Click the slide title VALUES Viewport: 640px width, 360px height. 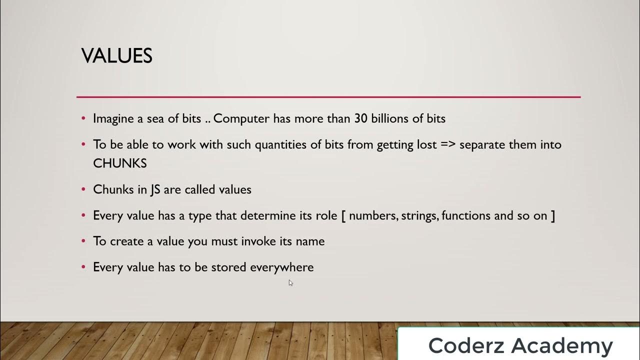tap(116, 56)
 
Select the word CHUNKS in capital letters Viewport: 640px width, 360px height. tap(120, 163)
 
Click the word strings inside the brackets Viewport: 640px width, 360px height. tap(418, 216)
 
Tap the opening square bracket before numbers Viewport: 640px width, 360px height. tap(344, 216)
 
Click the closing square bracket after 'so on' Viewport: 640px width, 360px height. tap(552, 216)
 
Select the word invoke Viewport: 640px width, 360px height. tap(257, 241)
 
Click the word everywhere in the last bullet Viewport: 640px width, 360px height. tap(281, 267)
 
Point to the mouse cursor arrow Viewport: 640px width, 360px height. tap(290, 282)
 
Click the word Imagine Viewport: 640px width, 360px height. tap(112, 119)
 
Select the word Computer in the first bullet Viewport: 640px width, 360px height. tap(241, 119)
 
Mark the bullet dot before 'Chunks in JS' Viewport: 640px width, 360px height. tap(83, 190)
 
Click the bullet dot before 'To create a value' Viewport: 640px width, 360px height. tap(83, 241)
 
